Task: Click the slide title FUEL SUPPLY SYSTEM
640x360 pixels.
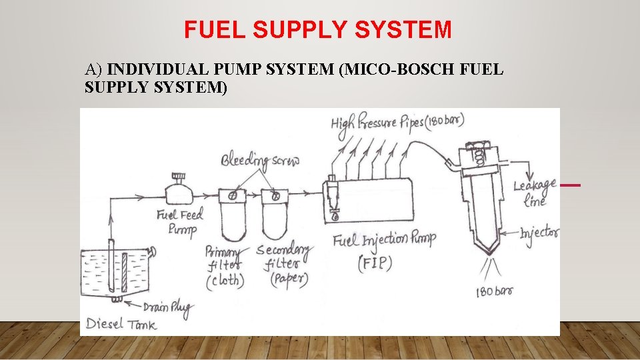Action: click(318, 29)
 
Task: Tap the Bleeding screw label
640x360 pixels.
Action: click(260, 161)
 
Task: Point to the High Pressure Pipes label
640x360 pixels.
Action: click(397, 123)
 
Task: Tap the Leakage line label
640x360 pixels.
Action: click(529, 191)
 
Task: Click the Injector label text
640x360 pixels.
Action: click(540, 233)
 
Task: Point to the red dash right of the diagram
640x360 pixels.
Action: click(571, 185)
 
